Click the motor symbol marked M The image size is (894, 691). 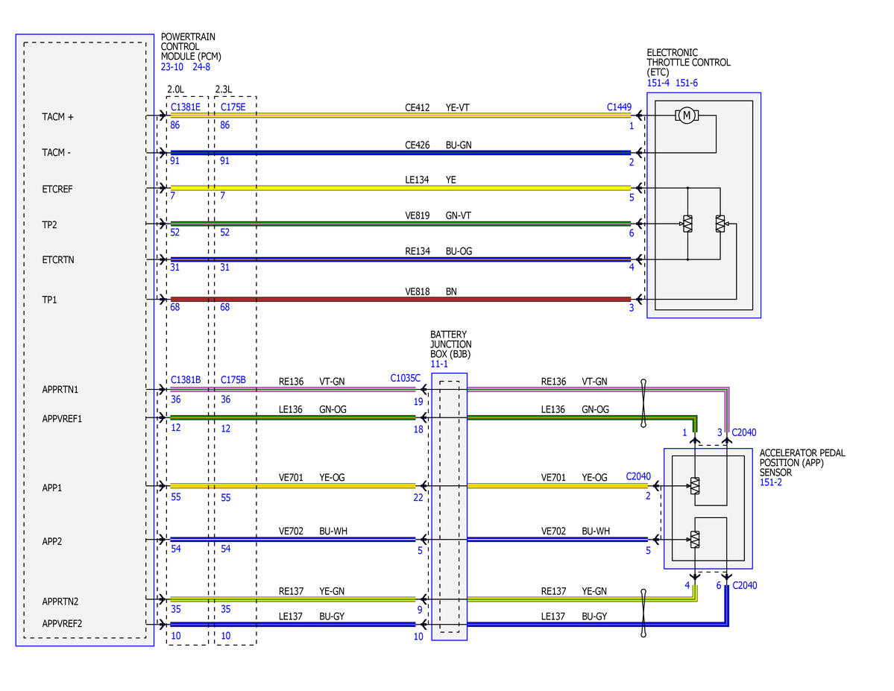687,116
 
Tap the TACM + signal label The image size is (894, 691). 57,117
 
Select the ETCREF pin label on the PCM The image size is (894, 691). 57,189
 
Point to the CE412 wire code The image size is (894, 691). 418,107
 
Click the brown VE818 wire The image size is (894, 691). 401,300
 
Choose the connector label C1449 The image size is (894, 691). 619,107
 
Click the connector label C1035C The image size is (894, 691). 406,378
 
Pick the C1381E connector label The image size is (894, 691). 186,107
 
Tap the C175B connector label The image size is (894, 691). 233,379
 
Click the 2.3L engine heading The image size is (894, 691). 224,89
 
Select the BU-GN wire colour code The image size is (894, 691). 459,145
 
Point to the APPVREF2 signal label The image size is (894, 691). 62,624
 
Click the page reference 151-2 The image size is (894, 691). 771,482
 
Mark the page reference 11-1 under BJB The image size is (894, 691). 439,364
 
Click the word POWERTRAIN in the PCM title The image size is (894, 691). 188,37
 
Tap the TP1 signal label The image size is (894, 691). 50,300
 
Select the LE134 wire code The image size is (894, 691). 417,180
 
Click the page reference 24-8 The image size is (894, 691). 201,66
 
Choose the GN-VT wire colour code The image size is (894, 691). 459,215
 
